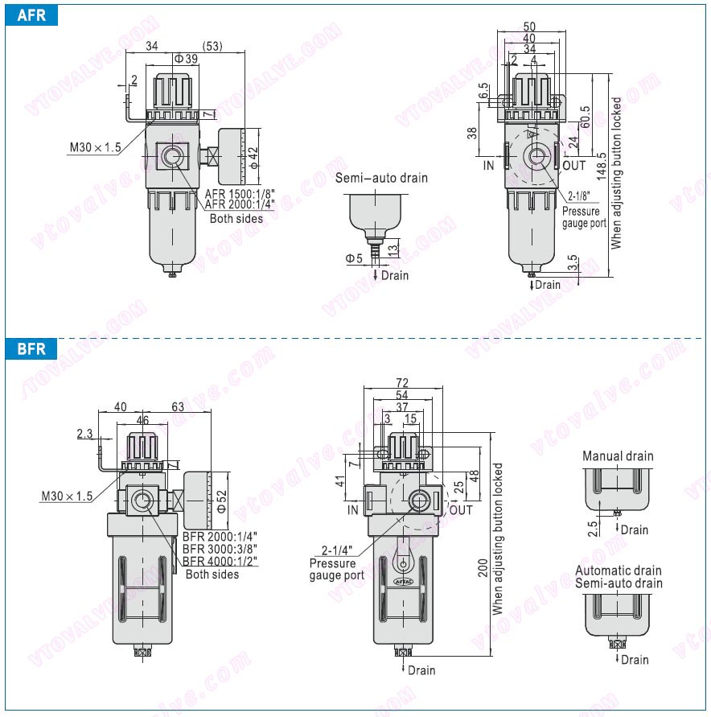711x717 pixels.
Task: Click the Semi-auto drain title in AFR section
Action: tap(381, 178)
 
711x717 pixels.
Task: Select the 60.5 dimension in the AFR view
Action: tap(585, 116)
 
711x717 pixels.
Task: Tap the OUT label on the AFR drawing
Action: tap(574, 166)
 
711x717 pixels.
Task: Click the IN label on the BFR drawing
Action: tap(352, 509)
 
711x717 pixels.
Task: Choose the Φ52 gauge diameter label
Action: tap(222, 505)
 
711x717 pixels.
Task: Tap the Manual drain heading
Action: tap(618, 455)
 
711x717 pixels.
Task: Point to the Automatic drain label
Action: tap(618, 571)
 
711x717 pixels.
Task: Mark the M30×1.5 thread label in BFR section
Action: tap(67, 496)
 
